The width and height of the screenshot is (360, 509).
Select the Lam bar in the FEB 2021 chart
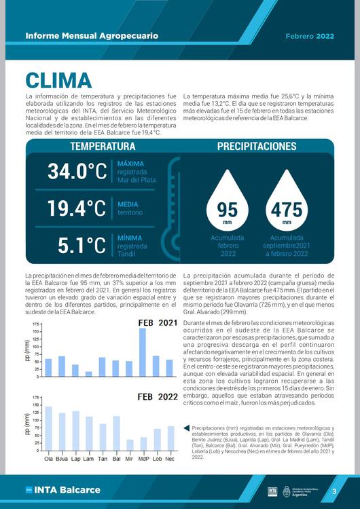click(88, 374)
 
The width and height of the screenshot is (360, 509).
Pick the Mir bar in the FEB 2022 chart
click(129, 445)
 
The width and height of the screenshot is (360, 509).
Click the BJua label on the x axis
click(62, 458)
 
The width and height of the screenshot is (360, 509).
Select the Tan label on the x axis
click(103, 458)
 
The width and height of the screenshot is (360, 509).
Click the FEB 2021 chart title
click(158, 323)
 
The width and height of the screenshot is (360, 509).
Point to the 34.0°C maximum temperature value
click(77, 171)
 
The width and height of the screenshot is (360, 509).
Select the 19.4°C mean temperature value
click(77, 208)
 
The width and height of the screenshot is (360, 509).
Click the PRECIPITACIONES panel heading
click(257, 147)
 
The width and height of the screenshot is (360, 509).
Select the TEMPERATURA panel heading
click(103, 147)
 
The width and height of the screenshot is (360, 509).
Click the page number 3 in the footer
click(334, 491)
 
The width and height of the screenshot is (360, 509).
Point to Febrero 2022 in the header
click(309, 35)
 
